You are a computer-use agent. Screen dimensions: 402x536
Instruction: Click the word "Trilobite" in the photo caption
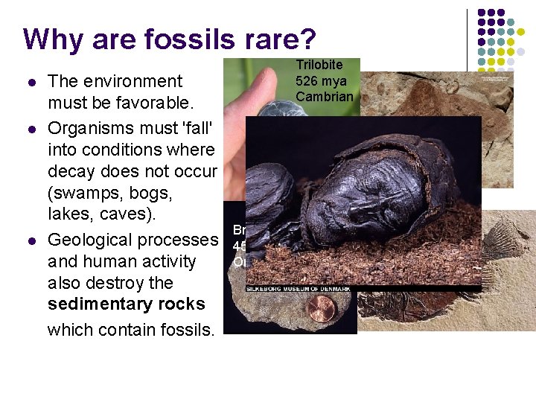pos(319,66)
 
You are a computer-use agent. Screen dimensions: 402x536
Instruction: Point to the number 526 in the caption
pos(306,80)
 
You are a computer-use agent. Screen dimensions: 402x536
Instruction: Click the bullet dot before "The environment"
pos(30,81)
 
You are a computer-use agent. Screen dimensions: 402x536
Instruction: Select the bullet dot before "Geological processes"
pos(30,240)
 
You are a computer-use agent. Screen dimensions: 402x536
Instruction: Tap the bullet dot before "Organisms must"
pos(30,127)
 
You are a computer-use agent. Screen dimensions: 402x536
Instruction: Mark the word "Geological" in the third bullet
pos(90,240)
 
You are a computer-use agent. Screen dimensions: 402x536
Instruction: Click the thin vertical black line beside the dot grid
pos(467,45)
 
